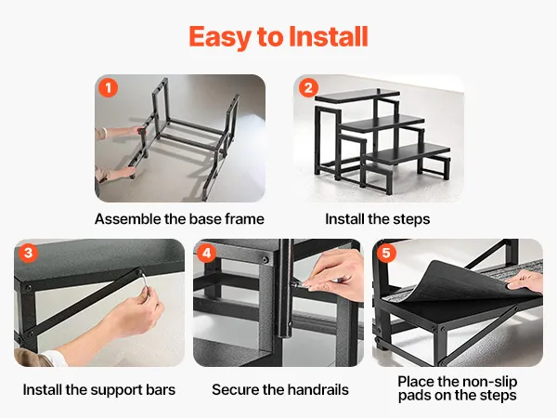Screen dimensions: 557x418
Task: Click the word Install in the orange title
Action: [x=329, y=36]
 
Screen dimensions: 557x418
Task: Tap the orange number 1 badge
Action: [x=108, y=87]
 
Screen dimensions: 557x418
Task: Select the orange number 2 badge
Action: [x=308, y=87]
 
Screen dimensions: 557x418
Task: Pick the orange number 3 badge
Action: [x=28, y=253]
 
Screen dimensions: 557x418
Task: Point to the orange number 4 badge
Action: [x=207, y=253]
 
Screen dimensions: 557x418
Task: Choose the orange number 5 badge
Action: [x=386, y=253]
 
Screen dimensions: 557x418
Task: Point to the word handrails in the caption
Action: [x=317, y=389]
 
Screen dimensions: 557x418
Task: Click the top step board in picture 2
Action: [x=357, y=96]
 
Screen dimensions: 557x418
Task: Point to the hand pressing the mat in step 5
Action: [x=525, y=281]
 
